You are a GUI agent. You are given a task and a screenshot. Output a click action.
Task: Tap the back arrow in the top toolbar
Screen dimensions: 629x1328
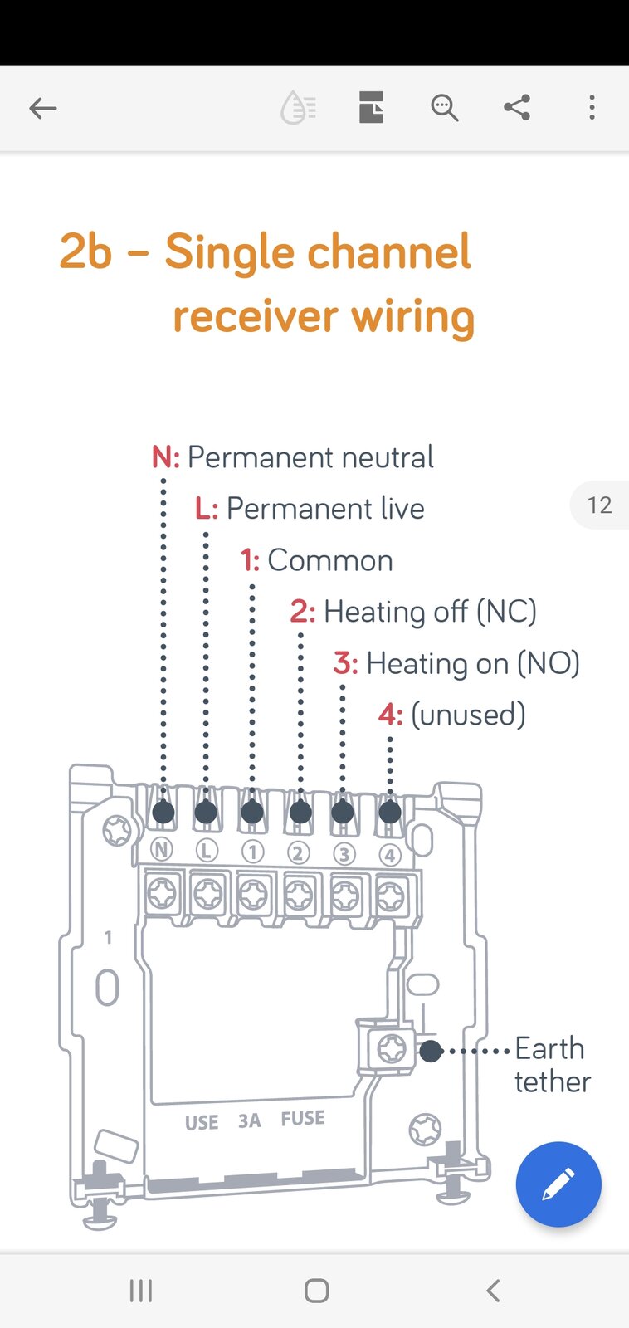point(42,109)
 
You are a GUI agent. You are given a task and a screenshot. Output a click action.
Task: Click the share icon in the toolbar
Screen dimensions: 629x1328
point(517,107)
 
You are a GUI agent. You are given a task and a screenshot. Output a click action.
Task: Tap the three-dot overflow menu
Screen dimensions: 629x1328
point(592,107)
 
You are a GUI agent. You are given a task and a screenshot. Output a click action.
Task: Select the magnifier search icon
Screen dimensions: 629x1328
point(444,108)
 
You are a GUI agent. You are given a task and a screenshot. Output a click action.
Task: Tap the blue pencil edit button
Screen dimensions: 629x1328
point(558,1184)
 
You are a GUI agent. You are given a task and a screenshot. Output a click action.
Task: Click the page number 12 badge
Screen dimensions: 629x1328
point(599,505)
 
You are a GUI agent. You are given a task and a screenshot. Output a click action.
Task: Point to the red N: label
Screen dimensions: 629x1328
point(166,457)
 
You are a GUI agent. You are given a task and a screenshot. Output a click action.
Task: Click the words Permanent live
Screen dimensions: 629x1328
point(325,509)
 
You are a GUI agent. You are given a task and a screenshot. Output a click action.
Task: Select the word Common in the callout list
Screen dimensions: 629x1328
point(330,560)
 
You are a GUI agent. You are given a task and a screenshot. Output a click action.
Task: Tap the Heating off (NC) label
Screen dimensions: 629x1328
point(430,612)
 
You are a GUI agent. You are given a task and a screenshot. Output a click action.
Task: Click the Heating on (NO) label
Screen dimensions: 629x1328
point(472,663)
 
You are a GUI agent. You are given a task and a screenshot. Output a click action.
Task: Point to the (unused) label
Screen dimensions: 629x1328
point(468,715)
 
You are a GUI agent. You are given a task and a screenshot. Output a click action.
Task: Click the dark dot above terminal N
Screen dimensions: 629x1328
point(163,812)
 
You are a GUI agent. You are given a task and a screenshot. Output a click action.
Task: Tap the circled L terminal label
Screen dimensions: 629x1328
point(207,851)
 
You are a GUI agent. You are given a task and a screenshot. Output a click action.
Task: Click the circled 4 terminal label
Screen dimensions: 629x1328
point(389,855)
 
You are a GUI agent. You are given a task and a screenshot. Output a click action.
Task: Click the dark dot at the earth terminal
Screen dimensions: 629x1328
point(431,1051)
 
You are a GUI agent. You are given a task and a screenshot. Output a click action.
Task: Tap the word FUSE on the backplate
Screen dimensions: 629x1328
point(303,1118)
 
